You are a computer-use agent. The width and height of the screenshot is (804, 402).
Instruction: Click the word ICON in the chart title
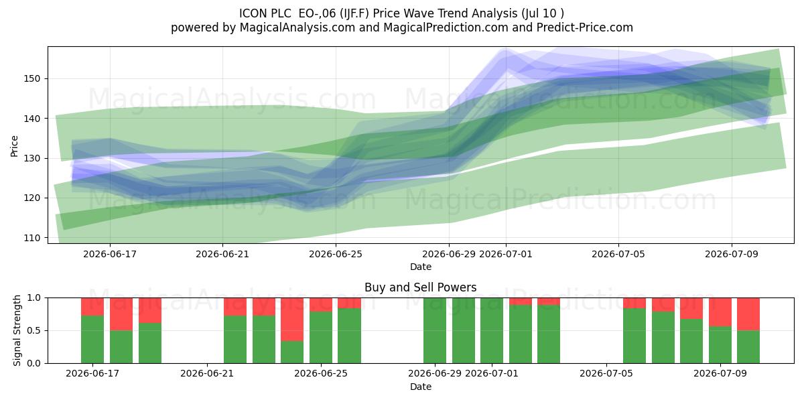(253, 13)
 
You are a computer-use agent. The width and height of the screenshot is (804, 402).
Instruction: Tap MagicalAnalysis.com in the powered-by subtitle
(297, 27)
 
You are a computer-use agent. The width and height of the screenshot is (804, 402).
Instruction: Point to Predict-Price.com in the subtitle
(585, 27)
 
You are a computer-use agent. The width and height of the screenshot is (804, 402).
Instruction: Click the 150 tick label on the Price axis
(32, 78)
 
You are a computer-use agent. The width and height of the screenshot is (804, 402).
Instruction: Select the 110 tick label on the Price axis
(32, 238)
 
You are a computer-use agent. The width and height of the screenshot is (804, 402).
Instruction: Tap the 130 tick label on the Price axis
(32, 158)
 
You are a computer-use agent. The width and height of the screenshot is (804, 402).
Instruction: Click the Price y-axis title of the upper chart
(14, 146)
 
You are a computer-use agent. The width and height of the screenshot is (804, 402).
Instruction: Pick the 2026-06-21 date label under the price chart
(222, 254)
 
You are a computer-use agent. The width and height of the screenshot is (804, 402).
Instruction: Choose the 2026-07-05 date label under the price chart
(618, 254)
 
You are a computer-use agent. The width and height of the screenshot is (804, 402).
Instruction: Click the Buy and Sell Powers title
(421, 287)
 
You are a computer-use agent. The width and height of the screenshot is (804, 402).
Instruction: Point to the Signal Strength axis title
(17, 330)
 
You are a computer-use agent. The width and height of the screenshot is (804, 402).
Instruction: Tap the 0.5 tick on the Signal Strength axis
(34, 330)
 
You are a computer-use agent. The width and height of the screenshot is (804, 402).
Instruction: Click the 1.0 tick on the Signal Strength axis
(34, 298)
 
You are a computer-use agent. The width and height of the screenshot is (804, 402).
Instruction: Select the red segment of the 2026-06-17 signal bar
(92, 307)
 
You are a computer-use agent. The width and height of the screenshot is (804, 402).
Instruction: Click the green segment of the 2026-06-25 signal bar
(321, 338)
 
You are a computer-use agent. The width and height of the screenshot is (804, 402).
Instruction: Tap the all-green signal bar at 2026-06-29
(435, 330)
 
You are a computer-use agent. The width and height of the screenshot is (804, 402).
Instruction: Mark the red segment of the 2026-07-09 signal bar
(720, 312)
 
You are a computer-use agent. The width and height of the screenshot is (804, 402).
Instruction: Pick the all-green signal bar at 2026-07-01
(492, 330)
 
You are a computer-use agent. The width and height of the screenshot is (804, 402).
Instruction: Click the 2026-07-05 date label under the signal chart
(606, 373)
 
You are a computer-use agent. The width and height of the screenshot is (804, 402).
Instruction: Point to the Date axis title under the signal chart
(421, 387)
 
